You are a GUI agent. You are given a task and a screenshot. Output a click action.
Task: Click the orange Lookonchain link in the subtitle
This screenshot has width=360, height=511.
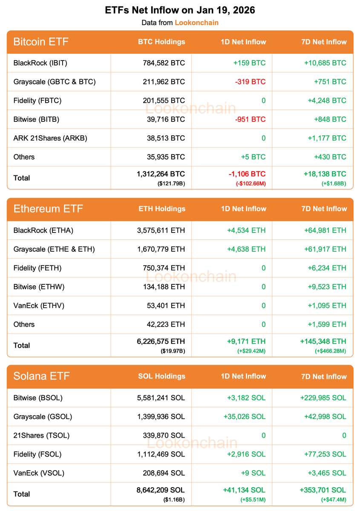(196, 23)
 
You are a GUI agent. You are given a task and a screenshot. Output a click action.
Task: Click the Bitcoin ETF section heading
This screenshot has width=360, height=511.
(41, 42)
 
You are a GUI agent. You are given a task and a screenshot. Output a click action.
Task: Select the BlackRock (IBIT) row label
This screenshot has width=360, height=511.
(40, 63)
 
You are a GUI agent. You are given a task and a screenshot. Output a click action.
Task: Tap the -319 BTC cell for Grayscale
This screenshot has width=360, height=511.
(250, 82)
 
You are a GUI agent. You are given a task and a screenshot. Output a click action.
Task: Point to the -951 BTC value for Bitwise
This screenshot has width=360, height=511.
(250, 119)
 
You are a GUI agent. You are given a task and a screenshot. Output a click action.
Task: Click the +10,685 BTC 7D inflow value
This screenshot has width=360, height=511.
(325, 63)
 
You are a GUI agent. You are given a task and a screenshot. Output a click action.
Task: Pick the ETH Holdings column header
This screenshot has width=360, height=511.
(162, 209)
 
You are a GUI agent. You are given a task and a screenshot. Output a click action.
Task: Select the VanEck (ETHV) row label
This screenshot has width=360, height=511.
(39, 305)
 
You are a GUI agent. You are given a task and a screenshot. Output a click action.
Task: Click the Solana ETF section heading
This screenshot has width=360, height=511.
(41, 376)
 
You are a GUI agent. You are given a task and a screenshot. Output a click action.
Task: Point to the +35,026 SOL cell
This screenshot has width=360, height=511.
(244, 416)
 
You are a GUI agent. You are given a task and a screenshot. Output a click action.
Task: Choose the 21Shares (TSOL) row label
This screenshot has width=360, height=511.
(41, 435)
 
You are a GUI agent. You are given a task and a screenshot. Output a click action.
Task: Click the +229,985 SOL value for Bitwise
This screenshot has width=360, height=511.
(322, 398)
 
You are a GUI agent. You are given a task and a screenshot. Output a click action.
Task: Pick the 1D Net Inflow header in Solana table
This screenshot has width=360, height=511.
(244, 376)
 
